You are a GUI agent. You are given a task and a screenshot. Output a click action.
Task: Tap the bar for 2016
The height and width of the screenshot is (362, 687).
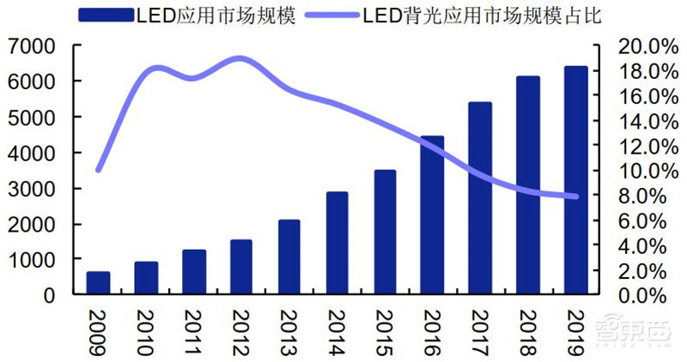pyautogui.click(x=432, y=215)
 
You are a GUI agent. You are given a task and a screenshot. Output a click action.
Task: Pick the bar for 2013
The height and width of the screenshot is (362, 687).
pyautogui.click(x=289, y=257)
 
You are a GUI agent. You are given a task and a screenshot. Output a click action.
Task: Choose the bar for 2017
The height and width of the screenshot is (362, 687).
pyautogui.click(x=480, y=198)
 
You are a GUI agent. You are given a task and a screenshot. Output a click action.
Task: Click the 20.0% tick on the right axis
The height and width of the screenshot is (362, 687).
pyautogui.click(x=638, y=45)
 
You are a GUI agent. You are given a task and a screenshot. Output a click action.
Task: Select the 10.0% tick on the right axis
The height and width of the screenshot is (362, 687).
pyautogui.click(x=638, y=171)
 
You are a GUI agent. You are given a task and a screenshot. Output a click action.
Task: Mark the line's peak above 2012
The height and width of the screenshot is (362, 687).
pyautogui.click(x=240, y=59)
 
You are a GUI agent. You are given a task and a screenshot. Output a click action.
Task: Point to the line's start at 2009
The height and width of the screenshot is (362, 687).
pyautogui.click(x=98, y=170)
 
